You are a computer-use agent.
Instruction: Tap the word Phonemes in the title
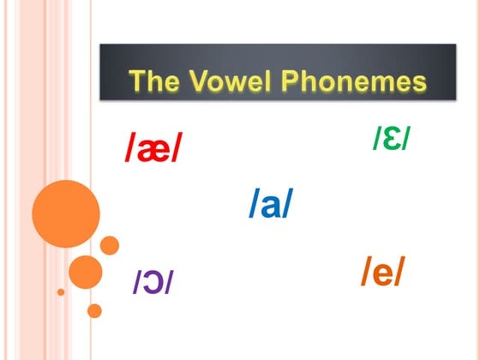coord(353,81)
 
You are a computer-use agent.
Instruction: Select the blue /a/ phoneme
coord(271,204)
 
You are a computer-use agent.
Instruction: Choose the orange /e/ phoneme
coord(382,272)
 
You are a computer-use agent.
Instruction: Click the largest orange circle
coord(66,213)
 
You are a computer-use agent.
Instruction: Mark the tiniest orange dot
coord(61,292)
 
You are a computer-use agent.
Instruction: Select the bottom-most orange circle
coord(94,310)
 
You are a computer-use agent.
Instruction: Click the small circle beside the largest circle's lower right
coord(110,245)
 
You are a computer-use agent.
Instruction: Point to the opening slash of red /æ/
coord(129,151)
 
